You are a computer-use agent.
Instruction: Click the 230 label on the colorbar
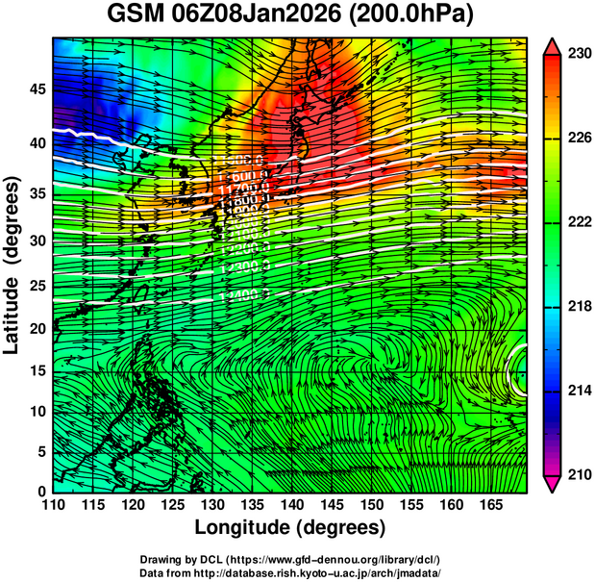578,55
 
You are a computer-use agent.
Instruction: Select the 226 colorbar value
578,139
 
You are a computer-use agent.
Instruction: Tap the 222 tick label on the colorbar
578,222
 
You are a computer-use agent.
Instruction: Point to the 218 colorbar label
578,306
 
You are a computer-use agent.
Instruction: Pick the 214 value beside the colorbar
578,391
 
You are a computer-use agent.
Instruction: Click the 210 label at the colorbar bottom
578,474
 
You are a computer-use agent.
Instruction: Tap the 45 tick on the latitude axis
36,89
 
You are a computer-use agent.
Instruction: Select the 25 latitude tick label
36,284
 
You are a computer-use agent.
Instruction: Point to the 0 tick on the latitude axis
41,491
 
